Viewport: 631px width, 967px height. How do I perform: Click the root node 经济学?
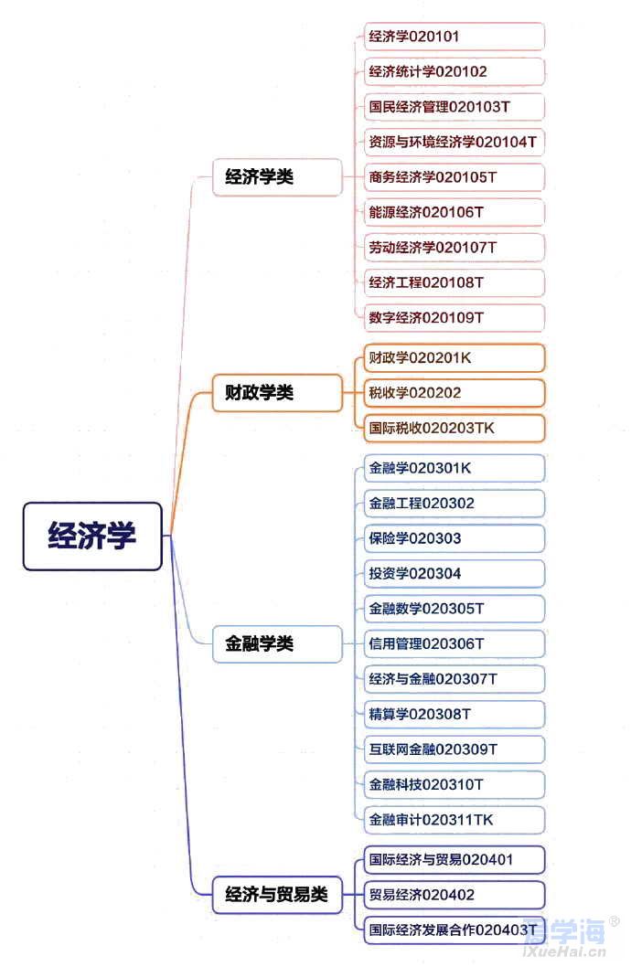coord(92,536)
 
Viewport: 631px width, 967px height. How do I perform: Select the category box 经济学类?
coord(277,177)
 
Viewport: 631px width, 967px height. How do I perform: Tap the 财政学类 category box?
coord(277,392)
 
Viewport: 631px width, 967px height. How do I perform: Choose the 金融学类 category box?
coord(277,643)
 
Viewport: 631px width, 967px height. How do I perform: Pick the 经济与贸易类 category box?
coord(277,895)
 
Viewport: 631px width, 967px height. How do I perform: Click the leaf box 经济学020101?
coord(454,37)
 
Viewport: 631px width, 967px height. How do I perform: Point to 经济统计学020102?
coord(454,71)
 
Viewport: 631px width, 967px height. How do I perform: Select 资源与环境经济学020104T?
coord(454,142)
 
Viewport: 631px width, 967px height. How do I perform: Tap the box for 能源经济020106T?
coord(454,212)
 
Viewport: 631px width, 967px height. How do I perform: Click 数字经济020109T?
coord(454,317)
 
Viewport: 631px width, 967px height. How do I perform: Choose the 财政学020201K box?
coord(454,357)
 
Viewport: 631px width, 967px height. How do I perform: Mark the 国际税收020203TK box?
coord(454,428)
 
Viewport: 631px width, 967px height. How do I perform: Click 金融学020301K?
coord(454,468)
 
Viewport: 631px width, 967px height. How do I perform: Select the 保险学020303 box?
coord(454,538)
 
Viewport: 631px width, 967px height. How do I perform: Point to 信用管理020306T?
coord(454,643)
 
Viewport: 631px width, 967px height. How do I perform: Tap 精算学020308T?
coord(454,714)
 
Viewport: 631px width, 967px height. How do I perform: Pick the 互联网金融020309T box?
coord(454,749)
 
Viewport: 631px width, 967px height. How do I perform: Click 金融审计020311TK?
coord(454,820)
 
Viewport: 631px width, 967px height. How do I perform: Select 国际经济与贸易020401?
coord(454,860)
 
